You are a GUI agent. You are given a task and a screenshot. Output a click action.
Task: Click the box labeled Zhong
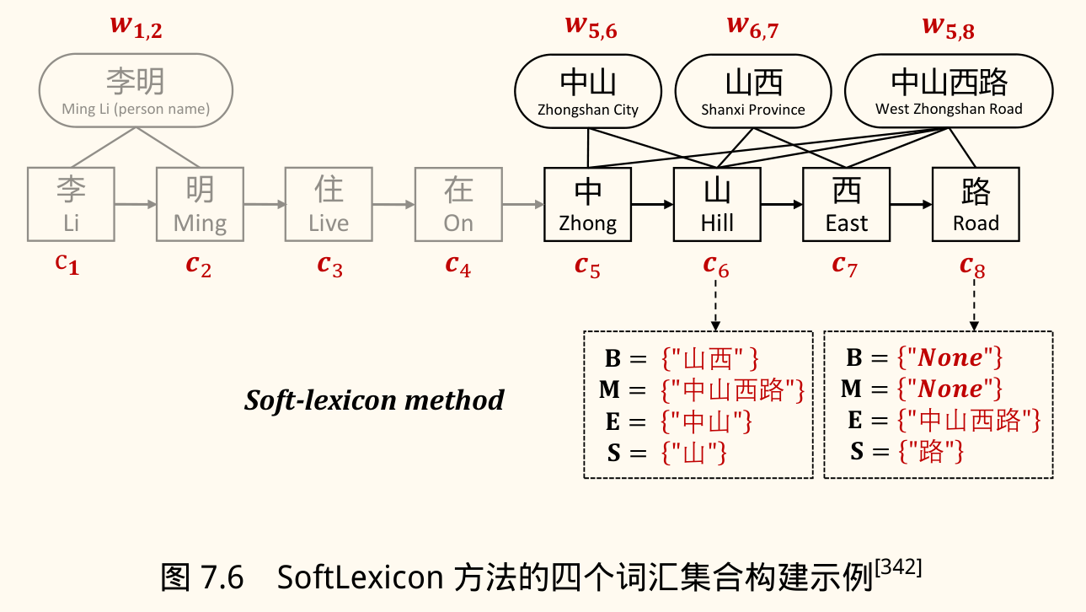coord(587,204)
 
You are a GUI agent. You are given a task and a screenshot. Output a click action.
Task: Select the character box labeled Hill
coord(717,204)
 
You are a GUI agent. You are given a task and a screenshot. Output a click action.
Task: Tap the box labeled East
coord(846,204)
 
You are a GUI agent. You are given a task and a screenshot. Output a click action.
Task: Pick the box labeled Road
coord(976,204)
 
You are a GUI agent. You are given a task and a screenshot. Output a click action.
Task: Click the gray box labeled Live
coord(329,204)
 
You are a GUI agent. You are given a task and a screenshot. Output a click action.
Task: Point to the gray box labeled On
coord(458,204)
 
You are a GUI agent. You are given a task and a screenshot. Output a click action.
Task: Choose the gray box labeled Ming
coord(200,204)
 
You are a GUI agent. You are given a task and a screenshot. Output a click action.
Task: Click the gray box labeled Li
coord(71,204)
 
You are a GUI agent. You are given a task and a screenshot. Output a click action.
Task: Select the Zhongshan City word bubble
coord(588,92)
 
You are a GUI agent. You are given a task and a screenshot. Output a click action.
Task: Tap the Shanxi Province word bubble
coord(753,92)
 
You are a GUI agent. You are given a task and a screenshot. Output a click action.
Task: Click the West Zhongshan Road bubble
coord(949,92)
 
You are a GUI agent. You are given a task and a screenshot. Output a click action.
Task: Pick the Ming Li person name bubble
coord(136,90)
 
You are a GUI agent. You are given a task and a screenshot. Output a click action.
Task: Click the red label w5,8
coord(948,27)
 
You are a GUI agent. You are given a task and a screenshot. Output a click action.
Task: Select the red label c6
coord(716,266)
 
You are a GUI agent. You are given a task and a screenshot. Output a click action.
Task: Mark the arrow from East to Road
coord(911,204)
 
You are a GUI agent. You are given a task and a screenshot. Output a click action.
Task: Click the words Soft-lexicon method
coord(374,400)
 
